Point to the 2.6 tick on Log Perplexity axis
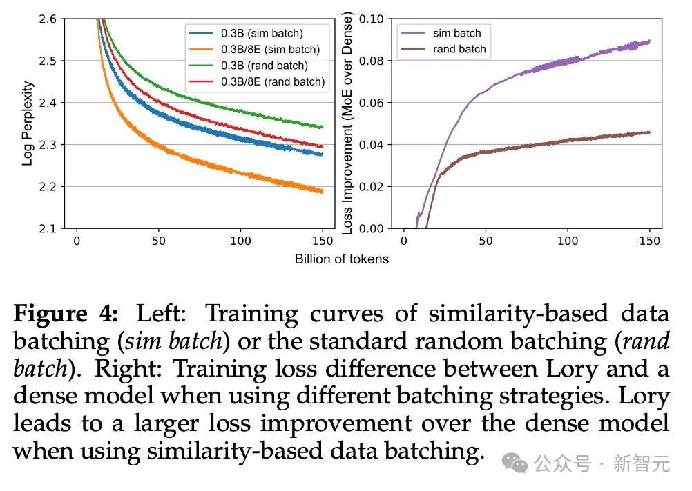pyautogui.click(x=50, y=19)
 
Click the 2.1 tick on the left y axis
pyautogui.click(x=50, y=228)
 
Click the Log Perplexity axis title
pyautogui.click(x=28, y=123)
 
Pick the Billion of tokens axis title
pyautogui.click(x=341, y=259)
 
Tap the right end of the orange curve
pyautogui.click(x=322, y=191)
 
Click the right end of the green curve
pyautogui.click(x=322, y=127)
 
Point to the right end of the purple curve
pyautogui.click(x=649, y=41)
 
